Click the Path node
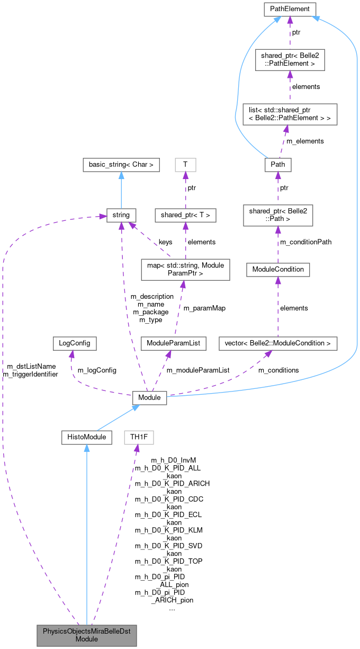(x=278, y=164)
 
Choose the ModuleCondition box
(x=278, y=269)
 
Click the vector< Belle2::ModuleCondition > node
(x=278, y=343)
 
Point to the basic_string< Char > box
(x=121, y=164)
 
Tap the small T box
(x=185, y=164)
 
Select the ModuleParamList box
(x=169, y=343)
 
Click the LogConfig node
(x=71, y=343)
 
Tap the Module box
(x=150, y=397)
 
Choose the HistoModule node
(x=86, y=437)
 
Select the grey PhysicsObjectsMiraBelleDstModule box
(x=86, y=635)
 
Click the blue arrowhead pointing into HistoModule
(x=86, y=448)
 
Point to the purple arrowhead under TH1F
(x=137, y=448)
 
